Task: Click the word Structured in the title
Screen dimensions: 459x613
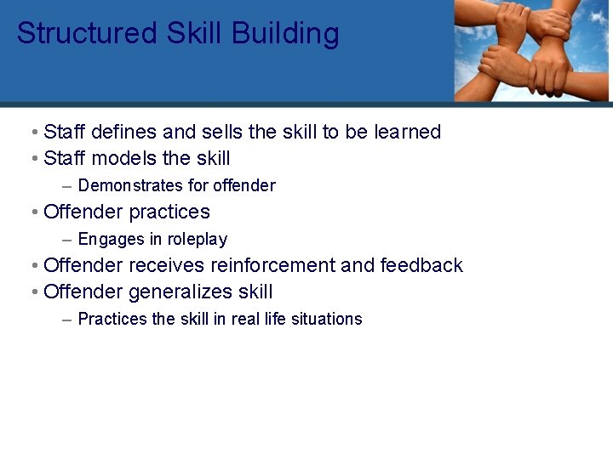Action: [x=87, y=34]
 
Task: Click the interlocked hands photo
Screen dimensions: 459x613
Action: [x=532, y=51]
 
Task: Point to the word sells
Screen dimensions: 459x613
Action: [x=222, y=132]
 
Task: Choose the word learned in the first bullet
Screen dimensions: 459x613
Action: [x=408, y=132]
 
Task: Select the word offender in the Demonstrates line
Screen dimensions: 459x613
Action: [x=244, y=185]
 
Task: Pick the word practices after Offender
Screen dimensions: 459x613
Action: [x=169, y=212]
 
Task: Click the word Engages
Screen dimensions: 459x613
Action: [x=110, y=239]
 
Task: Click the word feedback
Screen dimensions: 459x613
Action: [x=421, y=265]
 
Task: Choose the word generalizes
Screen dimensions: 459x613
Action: [x=180, y=292]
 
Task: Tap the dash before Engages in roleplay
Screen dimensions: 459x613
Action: [x=66, y=239]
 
